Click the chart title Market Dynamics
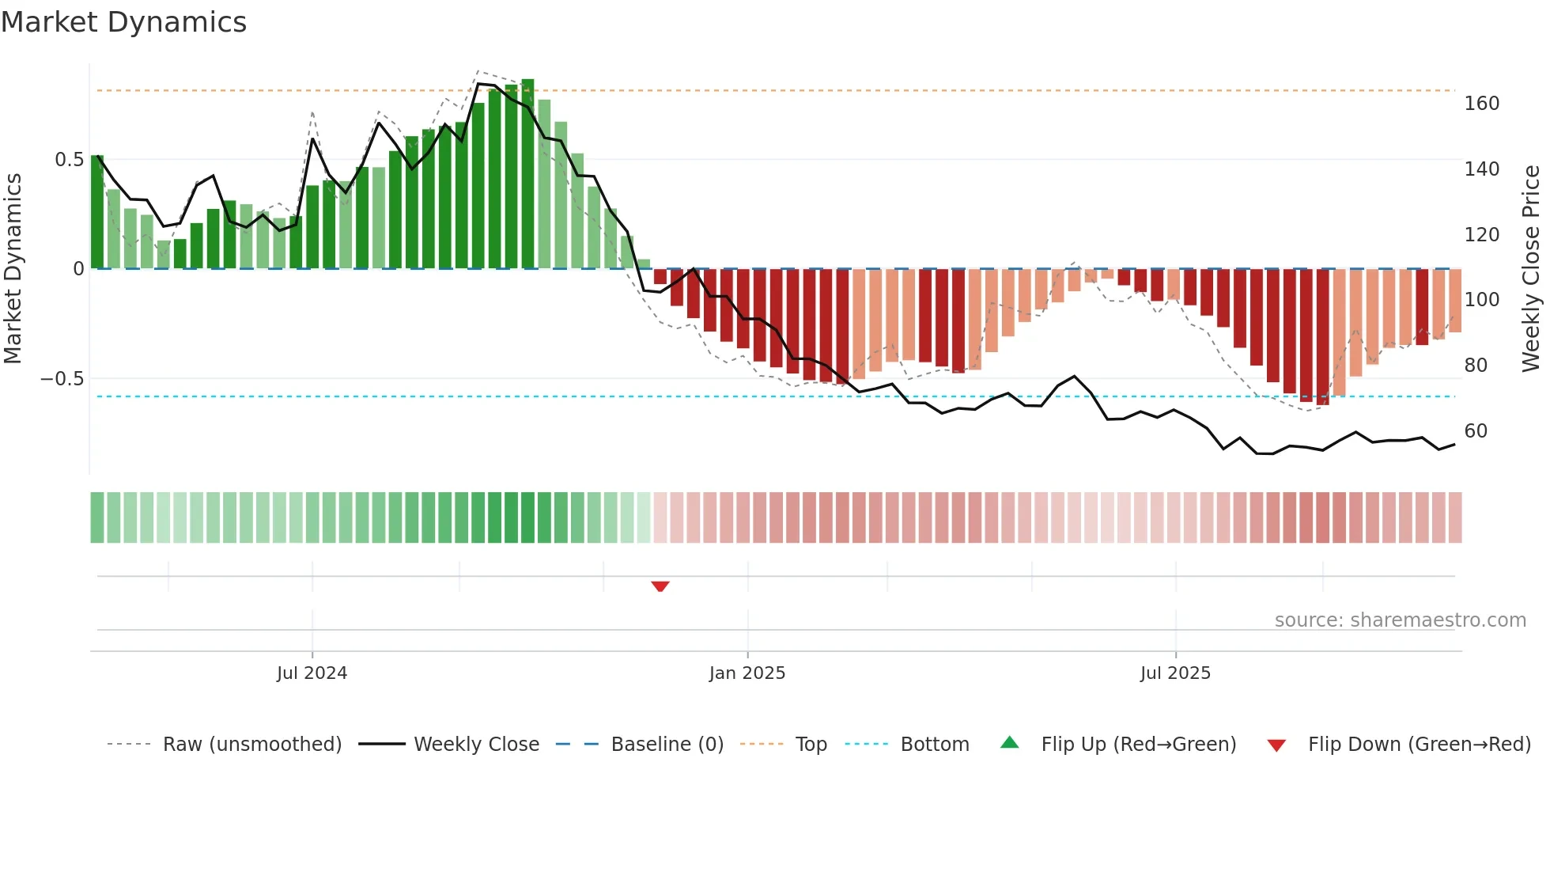[x=123, y=22]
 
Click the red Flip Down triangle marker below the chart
[x=660, y=586]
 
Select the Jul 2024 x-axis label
[x=312, y=673]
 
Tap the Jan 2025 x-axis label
[x=747, y=673]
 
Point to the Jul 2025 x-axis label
[x=1175, y=673]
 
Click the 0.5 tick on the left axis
[x=69, y=160]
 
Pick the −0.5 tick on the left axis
[x=62, y=379]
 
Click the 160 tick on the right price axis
[x=1481, y=104]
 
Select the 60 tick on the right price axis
[x=1476, y=431]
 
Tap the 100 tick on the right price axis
[x=1481, y=300]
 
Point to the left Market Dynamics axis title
[x=13, y=269]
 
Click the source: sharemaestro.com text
[x=1400, y=620]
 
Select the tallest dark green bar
[x=527, y=174]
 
